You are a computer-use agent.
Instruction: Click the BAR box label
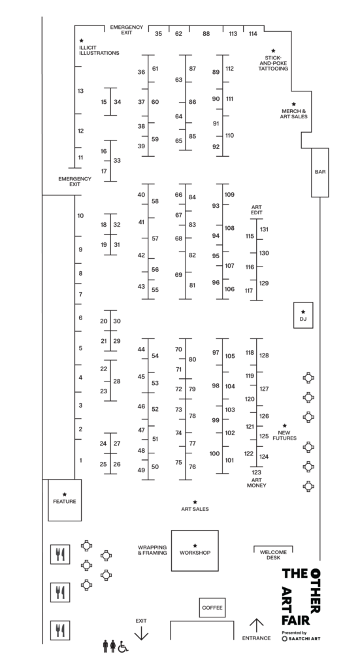tap(320, 172)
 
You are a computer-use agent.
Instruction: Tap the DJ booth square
tap(303, 316)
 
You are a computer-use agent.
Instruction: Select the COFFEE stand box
tap(212, 608)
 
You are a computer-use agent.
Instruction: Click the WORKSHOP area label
tap(195, 553)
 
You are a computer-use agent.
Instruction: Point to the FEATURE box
tap(65, 500)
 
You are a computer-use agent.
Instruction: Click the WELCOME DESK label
tap(273, 555)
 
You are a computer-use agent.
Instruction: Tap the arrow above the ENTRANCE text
tap(256, 625)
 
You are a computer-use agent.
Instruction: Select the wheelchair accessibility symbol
tap(123, 646)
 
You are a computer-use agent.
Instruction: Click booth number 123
tap(256, 472)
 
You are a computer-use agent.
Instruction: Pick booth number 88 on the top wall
tap(206, 34)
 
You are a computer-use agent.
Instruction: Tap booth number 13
tap(80, 91)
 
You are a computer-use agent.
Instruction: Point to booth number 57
tap(155, 238)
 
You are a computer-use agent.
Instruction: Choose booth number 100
tap(214, 453)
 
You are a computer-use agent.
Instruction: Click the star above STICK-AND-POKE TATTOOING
tap(273, 51)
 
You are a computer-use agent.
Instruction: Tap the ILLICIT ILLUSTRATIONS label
tap(99, 50)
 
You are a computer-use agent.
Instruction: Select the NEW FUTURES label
tap(284, 436)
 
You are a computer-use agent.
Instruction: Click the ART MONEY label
tap(256, 483)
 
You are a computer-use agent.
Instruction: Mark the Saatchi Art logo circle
tap(284, 639)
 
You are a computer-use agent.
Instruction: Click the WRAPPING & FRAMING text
tap(152, 550)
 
